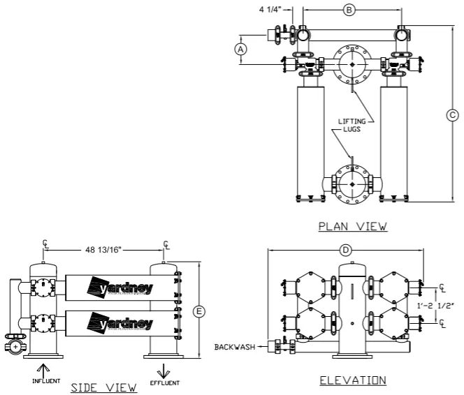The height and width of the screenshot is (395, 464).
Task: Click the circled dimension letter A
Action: tap(240, 50)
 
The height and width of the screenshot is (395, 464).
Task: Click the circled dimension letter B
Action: tap(350, 10)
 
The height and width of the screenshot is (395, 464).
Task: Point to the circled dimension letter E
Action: tap(198, 312)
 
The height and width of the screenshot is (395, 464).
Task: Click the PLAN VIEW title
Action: tap(352, 226)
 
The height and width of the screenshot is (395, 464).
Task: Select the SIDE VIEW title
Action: tap(105, 387)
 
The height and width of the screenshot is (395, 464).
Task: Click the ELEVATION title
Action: tap(352, 380)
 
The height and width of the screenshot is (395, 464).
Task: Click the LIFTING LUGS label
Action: tap(352, 126)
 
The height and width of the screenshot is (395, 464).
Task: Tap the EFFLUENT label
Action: tap(164, 382)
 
